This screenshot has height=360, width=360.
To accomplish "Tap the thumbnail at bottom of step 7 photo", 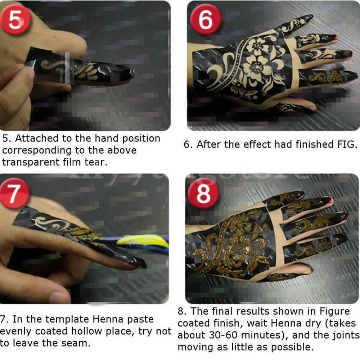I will click(59, 296).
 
